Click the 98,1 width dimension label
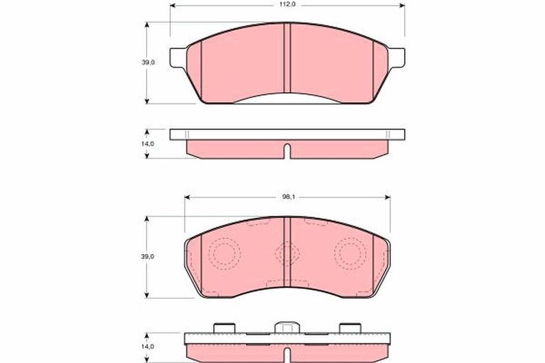coord(287,197)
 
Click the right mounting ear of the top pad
coord(398,58)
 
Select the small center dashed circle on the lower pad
coord(287,253)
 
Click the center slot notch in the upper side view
coord(287,151)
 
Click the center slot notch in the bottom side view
coord(287,354)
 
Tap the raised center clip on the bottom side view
coord(287,328)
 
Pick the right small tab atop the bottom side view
coord(354,328)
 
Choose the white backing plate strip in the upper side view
coord(287,133)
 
